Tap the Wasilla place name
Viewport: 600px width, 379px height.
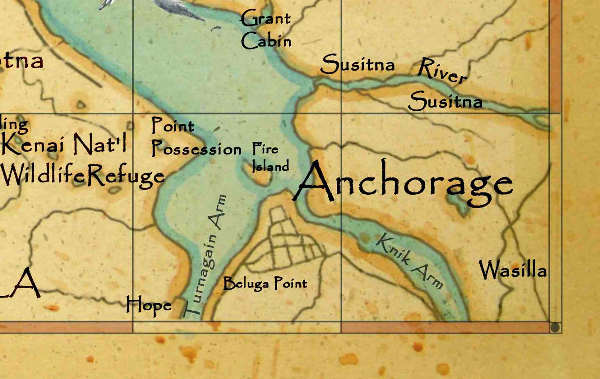tap(513, 270)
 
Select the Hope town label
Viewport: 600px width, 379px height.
tap(148, 305)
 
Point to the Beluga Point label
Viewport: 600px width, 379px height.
tap(265, 283)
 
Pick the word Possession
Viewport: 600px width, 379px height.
tap(196, 149)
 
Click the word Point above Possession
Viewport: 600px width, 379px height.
tap(172, 125)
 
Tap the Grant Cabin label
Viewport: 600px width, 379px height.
tap(265, 30)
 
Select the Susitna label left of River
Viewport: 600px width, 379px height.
tap(358, 64)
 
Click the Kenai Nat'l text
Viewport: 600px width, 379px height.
tap(64, 144)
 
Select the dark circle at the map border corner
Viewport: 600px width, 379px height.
tap(555, 328)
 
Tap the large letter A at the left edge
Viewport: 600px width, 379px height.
tap(22, 283)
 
